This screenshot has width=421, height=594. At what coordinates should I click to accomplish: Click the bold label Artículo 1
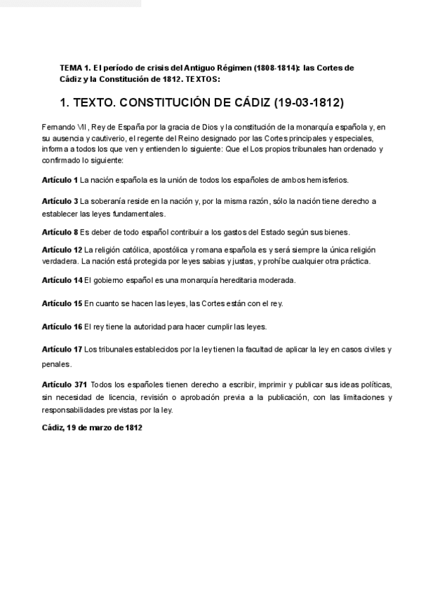(60, 180)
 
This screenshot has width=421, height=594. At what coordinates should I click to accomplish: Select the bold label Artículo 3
(60, 201)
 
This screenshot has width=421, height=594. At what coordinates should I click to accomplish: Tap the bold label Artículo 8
(60, 232)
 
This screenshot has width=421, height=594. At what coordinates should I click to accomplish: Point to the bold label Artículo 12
(62, 249)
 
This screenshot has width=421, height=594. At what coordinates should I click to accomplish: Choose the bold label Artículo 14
(62, 280)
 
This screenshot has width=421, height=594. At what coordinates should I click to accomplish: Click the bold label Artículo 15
(62, 303)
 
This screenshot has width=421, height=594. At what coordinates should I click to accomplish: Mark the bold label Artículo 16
(62, 326)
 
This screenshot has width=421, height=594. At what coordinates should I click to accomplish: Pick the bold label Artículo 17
(62, 349)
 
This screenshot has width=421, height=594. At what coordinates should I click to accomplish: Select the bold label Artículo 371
(65, 385)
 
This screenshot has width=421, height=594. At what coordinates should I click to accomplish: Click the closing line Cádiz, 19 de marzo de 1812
(92, 427)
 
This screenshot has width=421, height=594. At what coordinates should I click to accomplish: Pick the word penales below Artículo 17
(56, 364)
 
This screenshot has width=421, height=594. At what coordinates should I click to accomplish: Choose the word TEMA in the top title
(72, 68)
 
